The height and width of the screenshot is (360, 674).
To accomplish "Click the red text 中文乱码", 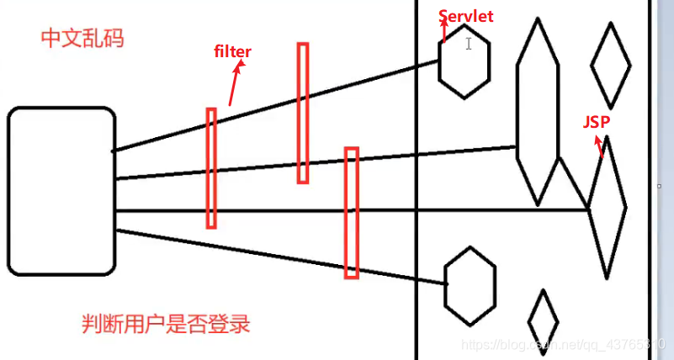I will pos(82,38).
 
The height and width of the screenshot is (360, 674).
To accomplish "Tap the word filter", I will pos(233,52).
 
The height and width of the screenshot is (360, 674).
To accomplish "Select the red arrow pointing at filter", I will pos(233,86).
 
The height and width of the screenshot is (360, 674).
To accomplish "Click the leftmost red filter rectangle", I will pos(211,167).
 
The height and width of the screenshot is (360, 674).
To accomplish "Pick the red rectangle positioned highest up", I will pos(303,113).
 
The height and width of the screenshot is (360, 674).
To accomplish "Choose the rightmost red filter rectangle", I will pos(352,213).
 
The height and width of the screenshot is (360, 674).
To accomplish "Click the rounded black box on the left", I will pos(61,191).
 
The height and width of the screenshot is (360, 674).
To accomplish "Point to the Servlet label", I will pos(466,16).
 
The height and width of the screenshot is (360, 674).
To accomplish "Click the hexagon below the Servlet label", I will pos(464,62).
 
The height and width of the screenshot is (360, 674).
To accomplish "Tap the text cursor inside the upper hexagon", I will pos(469,44).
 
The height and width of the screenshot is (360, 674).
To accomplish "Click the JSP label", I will pos(597,122).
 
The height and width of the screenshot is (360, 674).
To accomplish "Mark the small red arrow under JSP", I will pos(600,147).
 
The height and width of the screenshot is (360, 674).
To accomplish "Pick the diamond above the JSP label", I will pos(611,66).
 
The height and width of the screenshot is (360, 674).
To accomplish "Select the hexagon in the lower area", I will pos(470,285).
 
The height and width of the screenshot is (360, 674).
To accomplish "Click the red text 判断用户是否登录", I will pos(166,324).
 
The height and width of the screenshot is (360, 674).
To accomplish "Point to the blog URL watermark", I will pos(564,346).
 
